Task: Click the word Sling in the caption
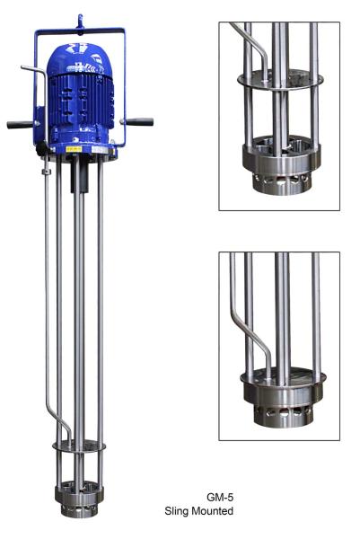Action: point(179,510)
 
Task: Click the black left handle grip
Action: point(19,125)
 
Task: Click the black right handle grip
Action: point(140,121)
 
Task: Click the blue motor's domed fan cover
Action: point(79,58)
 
